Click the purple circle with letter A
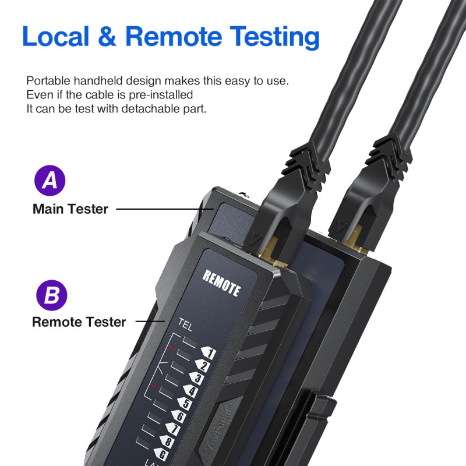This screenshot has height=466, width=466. point(50,181)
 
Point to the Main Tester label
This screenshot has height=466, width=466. point(70,209)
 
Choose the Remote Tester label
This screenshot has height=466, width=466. point(79,322)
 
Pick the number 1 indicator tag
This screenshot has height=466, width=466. point(208,354)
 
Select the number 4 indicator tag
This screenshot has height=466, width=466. point(191,391)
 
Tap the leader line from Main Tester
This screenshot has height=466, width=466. point(157,209)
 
